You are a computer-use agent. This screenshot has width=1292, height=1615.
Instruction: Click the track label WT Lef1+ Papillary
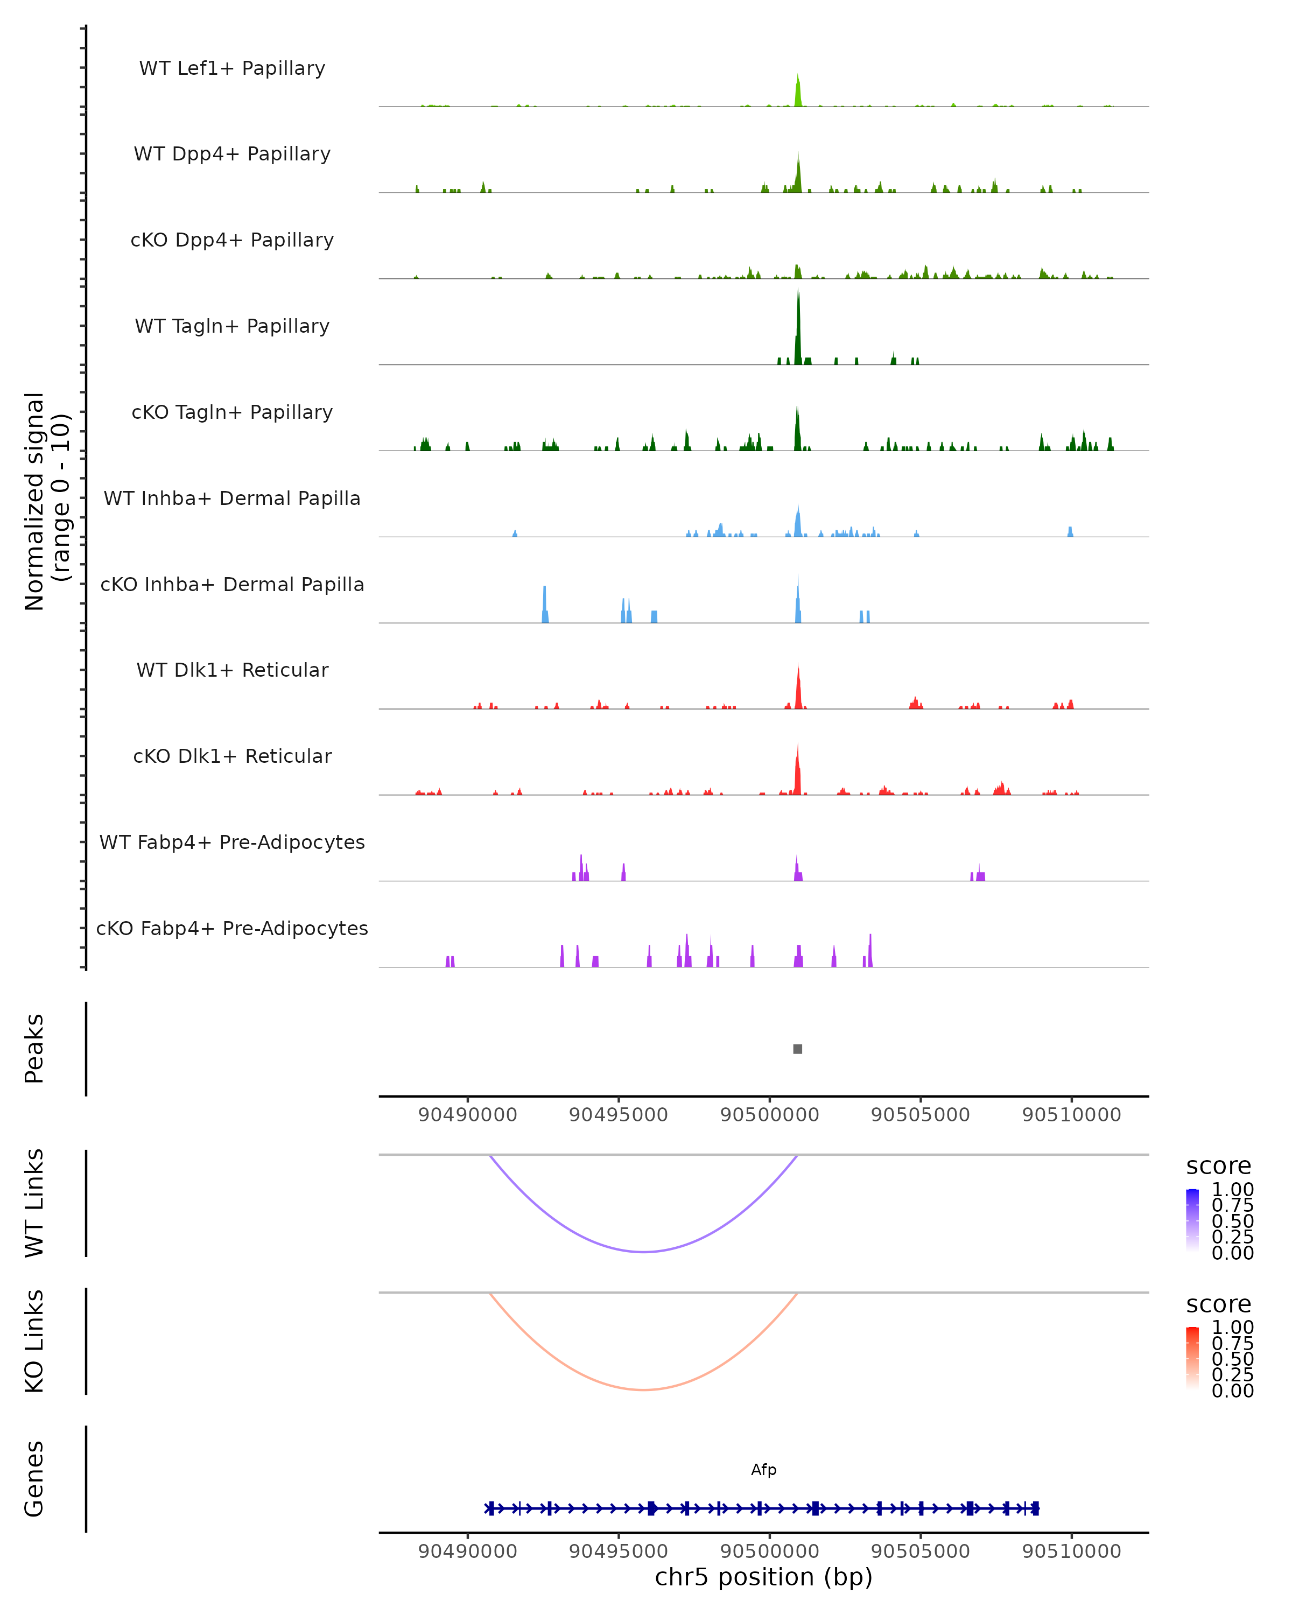[232, 68]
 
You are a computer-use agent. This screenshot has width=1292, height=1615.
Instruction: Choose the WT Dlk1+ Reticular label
[232, 670]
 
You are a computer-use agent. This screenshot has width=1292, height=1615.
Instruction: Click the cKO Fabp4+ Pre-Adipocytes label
[232, 928]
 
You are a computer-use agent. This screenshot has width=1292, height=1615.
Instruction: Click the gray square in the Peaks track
[798, 1049]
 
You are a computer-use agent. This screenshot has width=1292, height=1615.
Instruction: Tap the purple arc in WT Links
[644, 1251]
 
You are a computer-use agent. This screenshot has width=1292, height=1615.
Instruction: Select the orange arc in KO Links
[644, 1389]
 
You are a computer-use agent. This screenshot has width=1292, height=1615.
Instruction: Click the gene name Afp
[763, 1470]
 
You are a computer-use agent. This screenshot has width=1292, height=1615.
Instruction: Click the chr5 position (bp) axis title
[763, 1577]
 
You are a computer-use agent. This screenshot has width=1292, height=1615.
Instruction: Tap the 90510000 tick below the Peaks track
[1071, 1115]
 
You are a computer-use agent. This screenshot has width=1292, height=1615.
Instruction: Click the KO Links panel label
[34, 1341]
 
